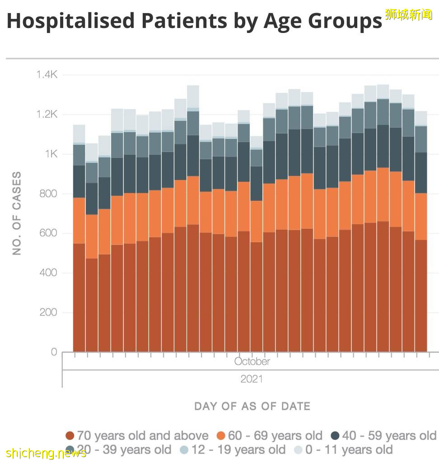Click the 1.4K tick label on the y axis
click(47, 74)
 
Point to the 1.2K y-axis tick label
click(47, 114)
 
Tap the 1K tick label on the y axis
click(51, 154)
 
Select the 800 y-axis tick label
click(48, 194)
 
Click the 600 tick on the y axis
click(48, 233)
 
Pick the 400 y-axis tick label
click(48, 273)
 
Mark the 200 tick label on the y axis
click(48, 312)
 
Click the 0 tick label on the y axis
click(54, 352)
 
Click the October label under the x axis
click(252, 361)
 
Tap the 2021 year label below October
click(252, 379)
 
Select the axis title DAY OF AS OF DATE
click(252, 406)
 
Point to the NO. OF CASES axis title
click(17, 213)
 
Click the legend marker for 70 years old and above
click(70, 436)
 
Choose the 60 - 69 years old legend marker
click(221, 436)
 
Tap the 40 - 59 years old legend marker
click(335, 436)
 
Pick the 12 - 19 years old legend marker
click(184, 450)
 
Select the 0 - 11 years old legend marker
click(299, 450)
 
